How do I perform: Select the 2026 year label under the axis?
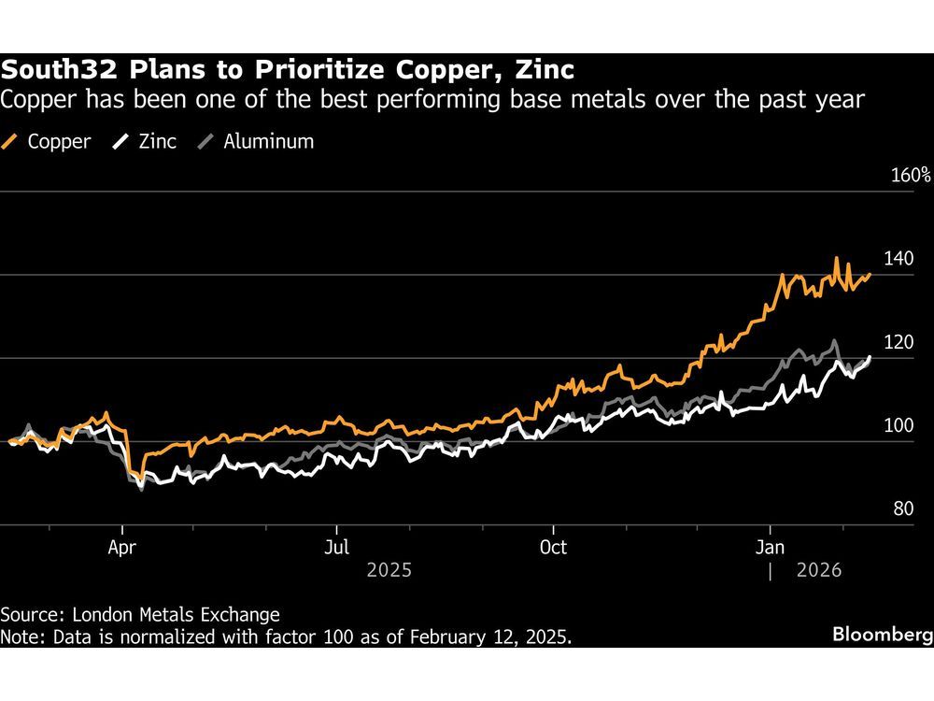[818, 569]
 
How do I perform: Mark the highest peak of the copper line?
[836, 259]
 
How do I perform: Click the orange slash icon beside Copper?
[11, 142]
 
